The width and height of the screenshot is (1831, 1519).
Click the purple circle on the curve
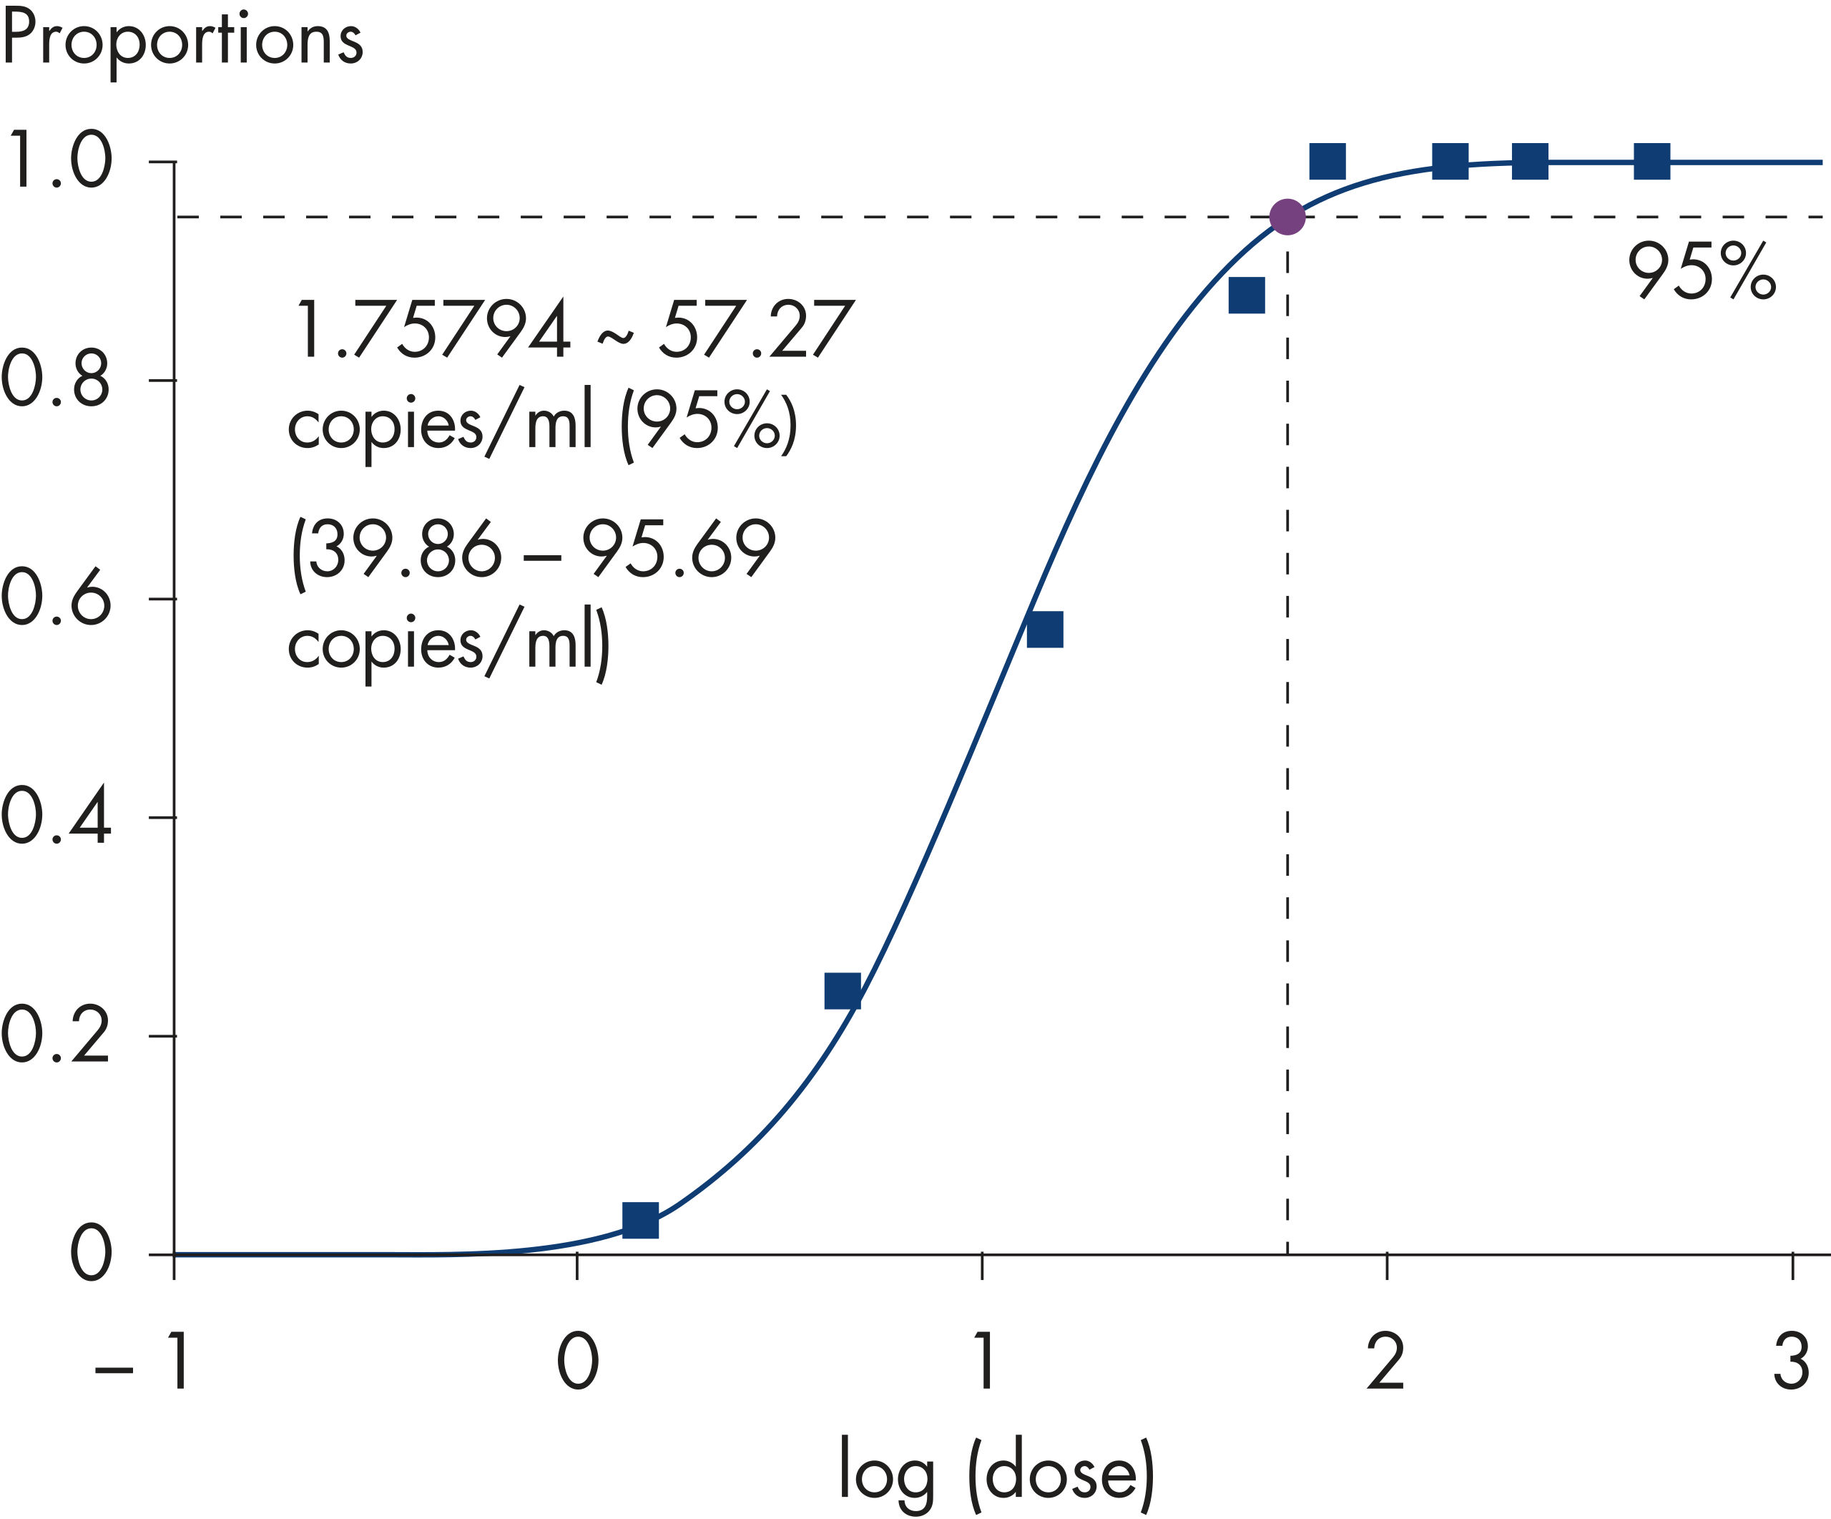[x=1287, y=216]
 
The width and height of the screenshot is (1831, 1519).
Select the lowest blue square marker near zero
[x=640, y=1220]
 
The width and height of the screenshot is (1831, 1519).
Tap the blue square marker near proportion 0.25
[x=843, y=992]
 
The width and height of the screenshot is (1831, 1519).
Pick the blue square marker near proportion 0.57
[x=1044, y=630]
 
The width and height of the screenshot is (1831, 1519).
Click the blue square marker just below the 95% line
[x=1246, y=296]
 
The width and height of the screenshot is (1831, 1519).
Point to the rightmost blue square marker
[x=1651, y=161]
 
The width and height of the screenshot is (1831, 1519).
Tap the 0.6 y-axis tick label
[x=57, y=599]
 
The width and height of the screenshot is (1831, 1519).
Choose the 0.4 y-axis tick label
[x=57, y=817]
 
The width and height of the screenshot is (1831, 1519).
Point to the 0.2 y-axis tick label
[x=57, y=1036]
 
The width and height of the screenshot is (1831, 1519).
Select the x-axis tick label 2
[x=1385, y=1362]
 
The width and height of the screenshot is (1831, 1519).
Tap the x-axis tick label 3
[x=1792, y=1362]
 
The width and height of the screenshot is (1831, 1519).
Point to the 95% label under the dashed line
[x=1701, y=272]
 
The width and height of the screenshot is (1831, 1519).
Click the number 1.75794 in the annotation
[x=433, y=330]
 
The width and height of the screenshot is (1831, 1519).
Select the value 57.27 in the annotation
[x=755, y=330]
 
